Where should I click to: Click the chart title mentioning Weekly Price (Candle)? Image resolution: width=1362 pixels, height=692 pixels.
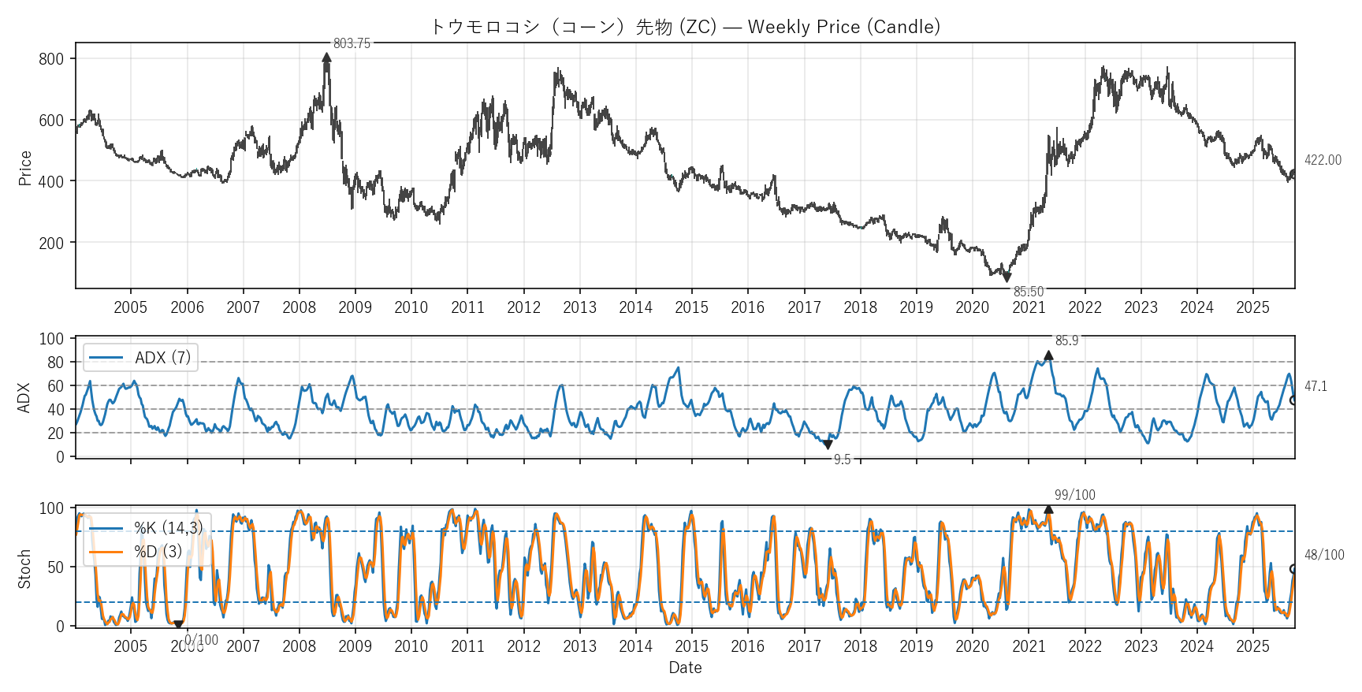coord(685,27)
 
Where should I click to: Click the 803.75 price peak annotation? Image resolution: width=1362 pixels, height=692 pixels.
coord(352,43)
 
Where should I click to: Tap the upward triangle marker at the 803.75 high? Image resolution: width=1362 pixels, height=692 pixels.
coord(327,57)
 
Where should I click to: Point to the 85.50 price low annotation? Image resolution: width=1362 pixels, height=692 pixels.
coord(1028,292)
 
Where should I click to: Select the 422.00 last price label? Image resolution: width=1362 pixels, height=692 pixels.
coord(1322,160)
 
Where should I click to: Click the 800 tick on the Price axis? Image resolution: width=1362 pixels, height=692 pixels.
coord(51,59)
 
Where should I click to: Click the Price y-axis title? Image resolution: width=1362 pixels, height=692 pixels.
coord(25,168)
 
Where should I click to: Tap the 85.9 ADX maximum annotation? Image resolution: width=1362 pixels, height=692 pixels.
coord(1066,340)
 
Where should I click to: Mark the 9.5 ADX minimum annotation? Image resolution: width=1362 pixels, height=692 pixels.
coord(842,459)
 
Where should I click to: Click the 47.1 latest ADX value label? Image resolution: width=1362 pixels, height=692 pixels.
coord(1315,386)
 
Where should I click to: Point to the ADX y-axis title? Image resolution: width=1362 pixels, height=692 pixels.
coord(24,398)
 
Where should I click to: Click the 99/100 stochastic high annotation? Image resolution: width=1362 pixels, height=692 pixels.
coord(1074,495)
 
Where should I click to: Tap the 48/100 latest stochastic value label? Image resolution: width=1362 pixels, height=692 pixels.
coord(1323,555)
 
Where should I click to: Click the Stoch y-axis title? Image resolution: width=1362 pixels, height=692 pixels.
coord(24,569)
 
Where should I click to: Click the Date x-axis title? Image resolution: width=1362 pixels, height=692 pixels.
coord(685,668)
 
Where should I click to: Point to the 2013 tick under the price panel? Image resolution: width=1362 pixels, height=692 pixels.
coord(579,307)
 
